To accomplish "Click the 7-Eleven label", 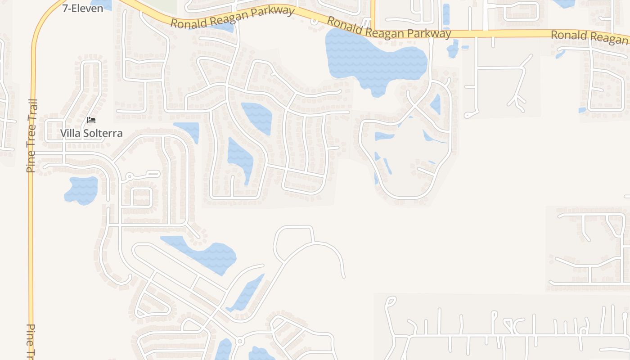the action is [83, 8].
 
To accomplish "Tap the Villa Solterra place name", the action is [91, 133].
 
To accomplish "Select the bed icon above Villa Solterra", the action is [91, 120].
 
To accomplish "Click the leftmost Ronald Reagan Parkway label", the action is [232, 17].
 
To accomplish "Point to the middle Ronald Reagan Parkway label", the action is [389, 28].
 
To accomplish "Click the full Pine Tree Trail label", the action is [31, 136].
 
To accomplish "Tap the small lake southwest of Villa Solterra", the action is [81, 190].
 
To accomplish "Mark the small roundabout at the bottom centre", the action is [240, 342].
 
